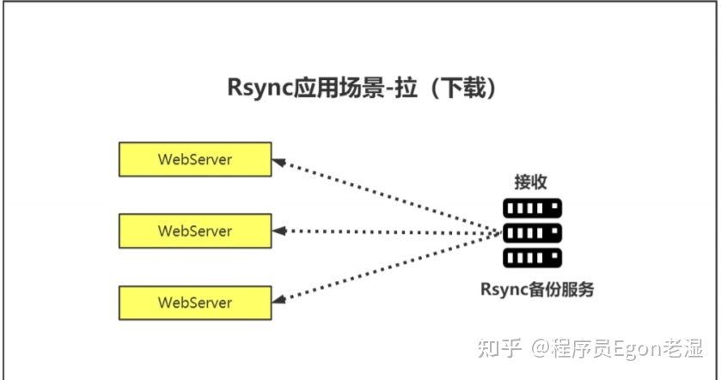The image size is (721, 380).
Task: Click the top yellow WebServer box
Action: [195, 160]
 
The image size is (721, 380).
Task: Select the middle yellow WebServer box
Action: [195, 231]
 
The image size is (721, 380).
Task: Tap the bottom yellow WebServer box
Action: [195, 303]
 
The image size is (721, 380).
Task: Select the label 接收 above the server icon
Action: [531, 181]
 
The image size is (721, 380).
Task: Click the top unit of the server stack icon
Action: [532, 208]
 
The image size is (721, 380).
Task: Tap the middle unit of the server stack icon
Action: [532, 232]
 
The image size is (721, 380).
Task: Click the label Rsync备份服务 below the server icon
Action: [536, 289]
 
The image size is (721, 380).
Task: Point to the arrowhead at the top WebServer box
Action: [278, 161]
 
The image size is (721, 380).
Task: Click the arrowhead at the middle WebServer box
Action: [278, 231]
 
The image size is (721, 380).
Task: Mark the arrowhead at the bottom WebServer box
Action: [278, 301]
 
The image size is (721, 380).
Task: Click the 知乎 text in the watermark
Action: [498, 349]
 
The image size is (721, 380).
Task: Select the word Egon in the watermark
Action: [629, 349]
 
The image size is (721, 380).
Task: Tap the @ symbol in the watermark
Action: [539, 349]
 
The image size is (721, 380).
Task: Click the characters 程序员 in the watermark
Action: [577, 349]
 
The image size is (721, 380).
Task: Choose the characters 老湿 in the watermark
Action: [681, 349]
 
